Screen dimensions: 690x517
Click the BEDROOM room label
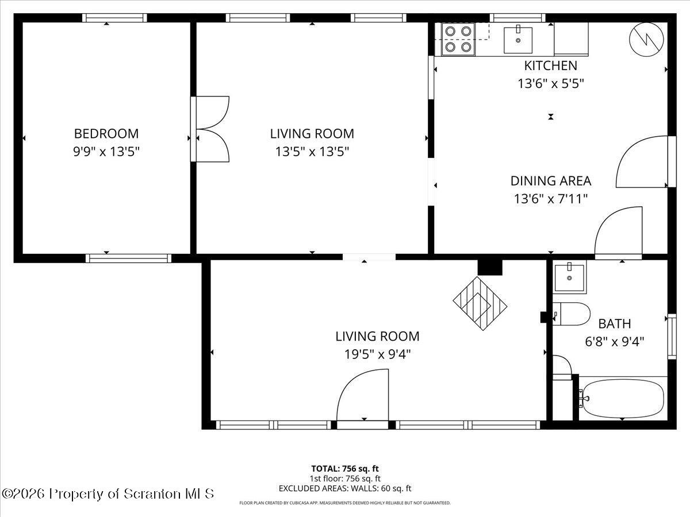point(106,134)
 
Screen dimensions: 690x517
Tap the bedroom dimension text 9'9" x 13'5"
point(106,152)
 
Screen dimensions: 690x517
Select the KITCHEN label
point(551,65)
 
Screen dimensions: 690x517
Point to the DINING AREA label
point(551,181)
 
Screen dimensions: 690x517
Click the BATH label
point(615,323)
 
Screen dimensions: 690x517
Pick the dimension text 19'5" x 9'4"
point(378,354)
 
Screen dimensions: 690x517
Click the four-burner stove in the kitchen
point(458,39)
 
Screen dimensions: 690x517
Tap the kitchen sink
point(518,40)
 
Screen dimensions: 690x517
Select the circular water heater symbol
point(646,40)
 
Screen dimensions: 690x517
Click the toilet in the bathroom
point(571,314)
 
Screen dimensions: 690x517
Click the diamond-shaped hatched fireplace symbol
point(480,303)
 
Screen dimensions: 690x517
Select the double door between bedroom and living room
point(210,129)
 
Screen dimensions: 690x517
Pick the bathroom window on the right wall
point(672,337)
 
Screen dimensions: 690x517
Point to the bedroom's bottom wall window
point(129,258)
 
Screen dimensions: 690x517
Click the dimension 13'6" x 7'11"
point(551,199)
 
